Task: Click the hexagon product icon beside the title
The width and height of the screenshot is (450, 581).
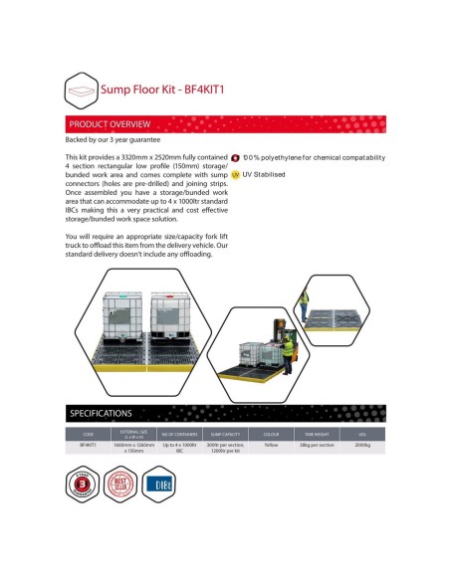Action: tap(83, 90)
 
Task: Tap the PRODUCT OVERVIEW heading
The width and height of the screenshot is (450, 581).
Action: tap(110, 125)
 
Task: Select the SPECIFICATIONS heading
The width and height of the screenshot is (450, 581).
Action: tap(101, 412)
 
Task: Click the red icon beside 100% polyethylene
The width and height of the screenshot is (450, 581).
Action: tap(235, 157)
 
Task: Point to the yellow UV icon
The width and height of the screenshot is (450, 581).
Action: tap(235, 173)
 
